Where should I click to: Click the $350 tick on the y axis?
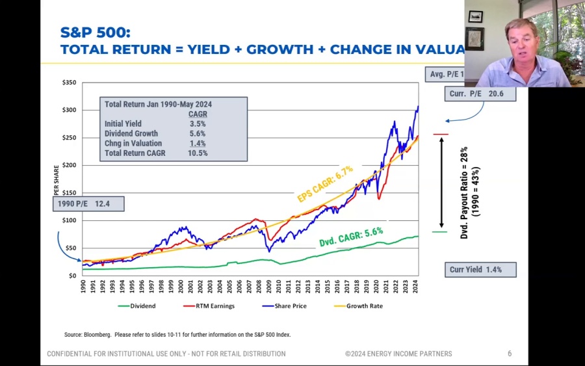69,83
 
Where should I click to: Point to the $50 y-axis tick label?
70,248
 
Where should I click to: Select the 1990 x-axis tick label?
83,287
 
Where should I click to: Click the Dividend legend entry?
142,306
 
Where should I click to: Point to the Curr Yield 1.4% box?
480,270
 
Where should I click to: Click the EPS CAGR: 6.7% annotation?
325,183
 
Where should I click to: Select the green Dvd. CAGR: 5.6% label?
351,237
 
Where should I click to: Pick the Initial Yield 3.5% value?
198,124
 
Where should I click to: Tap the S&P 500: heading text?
95,33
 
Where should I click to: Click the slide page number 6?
510,354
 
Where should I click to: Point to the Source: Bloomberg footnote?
177,335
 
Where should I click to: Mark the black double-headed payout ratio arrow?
441,182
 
